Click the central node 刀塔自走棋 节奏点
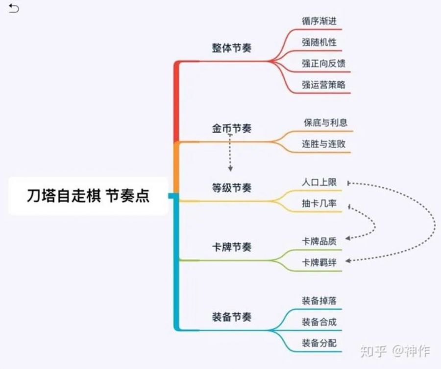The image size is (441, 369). [x=88, y=196]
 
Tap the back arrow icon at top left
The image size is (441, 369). [x=14, y=8]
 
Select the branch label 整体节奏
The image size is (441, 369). [x=231, y=48]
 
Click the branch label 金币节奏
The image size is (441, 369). [x=231, y=129]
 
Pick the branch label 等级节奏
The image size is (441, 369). [x=231, y=187]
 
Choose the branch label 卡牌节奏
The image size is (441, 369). [x=231, y=247]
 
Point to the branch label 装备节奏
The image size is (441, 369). [x=231, y=317]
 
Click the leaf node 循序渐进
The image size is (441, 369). [x=319, y=21]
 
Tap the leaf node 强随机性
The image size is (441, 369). [x=319, y=42]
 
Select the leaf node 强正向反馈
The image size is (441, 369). [x=323, y=63]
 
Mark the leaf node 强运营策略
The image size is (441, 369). [x=323, y=84]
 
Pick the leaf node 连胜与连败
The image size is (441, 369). [x=323, y=144]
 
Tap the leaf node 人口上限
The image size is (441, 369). [x=319, y=182]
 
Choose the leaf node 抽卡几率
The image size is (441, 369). [x=319, y=203]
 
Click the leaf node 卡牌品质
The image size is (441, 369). [x=319, y=241]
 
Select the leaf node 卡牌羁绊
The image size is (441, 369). [x=319, y=262]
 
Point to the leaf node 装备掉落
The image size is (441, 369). [x=319, y=300]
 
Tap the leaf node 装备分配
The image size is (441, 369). [x=319, y=343]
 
